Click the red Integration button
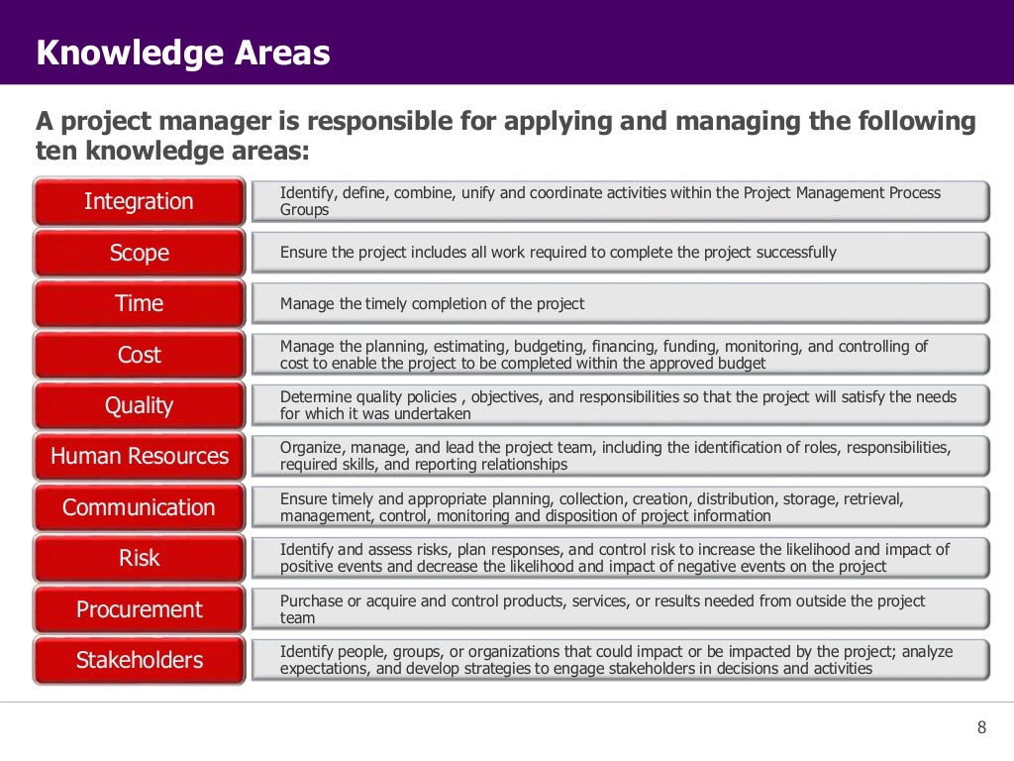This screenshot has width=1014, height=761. pos(139,201)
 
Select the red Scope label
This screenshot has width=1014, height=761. pos(139,253)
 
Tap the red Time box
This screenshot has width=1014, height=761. pos(139,303)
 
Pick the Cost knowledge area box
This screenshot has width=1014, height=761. pos(139,355)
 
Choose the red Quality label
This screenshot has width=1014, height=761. pos(139,405)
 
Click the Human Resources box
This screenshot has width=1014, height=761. pos(139,457)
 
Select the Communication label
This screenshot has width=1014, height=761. pos(139,507)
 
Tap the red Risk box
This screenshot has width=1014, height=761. pos(139,558)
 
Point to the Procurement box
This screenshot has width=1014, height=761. pos(139,609)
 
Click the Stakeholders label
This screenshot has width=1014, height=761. pos(139,660)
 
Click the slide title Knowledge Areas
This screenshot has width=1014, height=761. pos(182,53)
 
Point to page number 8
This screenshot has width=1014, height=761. pos(981,728)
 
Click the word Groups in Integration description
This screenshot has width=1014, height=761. pos(304,210)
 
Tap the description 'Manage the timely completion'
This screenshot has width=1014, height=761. pos(432,303)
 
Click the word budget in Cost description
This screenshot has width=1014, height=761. pos(743,364)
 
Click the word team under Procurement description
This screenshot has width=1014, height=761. pos(297,618)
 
